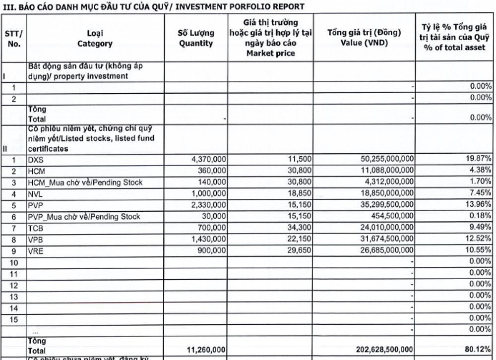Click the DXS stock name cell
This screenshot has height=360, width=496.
pyautogui.click(x=35, y=160)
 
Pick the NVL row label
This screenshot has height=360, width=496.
pyautogui.click(x=35, y=194)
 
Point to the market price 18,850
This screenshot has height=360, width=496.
pyautogui.click(x=299, y=194)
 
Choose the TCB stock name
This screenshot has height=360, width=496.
pyautogui.click(x=36, y=228)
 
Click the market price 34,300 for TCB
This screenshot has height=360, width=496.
pyautogui.click(x=299, y=228)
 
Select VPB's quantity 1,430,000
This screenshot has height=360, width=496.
pyautogui.click(x=209, y=240)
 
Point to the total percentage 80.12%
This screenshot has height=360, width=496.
pyautogui.click(x=478, y=350)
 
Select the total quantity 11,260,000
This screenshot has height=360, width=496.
pyautogui.click(x=207, y=350)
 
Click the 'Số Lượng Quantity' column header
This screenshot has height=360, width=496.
pyautogui.click(x=196, y=38)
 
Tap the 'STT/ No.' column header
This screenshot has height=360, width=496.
pyautogui.click(x=14, y=38)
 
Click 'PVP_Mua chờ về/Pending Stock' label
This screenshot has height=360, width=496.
pyautogui.click(x=84, y=217)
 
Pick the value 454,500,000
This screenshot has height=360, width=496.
pyautogui.click(x=391, y=217)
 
